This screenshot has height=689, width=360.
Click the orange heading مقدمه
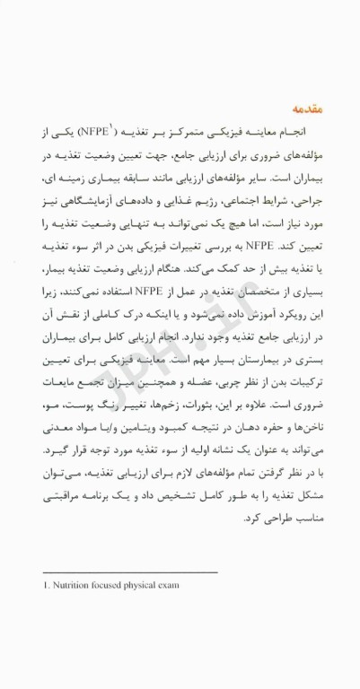(x=302, y=109)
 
